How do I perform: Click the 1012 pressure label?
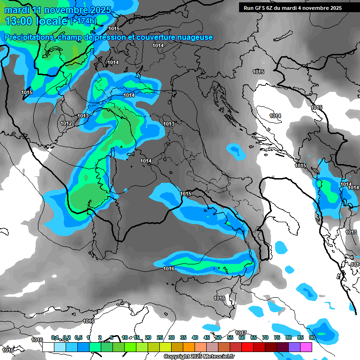(x=66, y=123)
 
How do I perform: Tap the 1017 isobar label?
(x=241, y=332)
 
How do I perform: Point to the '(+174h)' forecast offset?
(x=83, y=22)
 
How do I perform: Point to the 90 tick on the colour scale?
(x=312, y=337)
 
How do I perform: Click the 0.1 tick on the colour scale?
(x=54, y=337)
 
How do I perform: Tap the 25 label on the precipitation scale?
(x=160, y=337)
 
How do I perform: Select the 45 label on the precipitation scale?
(x=207, y=337)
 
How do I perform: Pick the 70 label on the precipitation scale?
(x=265, y=337)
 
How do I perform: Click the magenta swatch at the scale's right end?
(x=306, y=347)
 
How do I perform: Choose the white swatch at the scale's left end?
(x=48, y=347)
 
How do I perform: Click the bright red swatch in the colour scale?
(x=247, y=347)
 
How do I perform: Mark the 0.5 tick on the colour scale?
(x=78, y=337)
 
